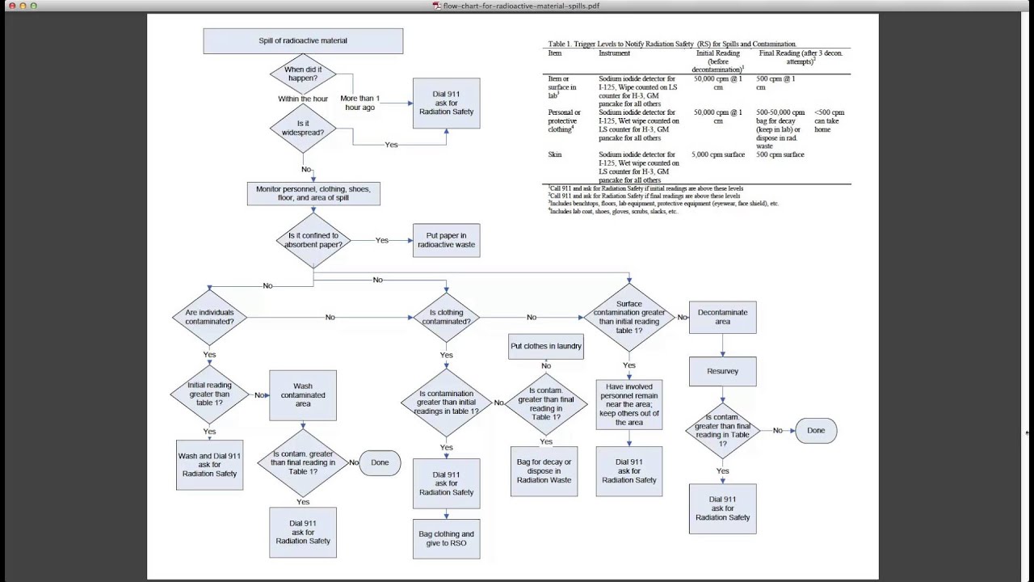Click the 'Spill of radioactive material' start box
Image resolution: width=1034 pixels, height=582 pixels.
pos(303,40)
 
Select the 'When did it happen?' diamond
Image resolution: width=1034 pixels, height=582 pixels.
pos(303,74)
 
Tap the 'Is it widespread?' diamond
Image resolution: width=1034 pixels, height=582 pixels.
pos(303,127)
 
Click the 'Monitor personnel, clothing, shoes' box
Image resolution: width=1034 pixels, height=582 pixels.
pos(313,193)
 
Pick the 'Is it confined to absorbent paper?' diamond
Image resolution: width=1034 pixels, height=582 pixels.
pos(313,240)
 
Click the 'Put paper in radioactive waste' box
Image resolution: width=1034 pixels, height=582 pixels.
pos(446,240)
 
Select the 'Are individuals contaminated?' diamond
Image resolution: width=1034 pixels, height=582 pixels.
pos(209,317)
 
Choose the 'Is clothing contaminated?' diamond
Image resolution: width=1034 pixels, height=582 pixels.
pos(446,317)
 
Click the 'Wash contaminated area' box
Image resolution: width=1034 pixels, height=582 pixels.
pos(303,395)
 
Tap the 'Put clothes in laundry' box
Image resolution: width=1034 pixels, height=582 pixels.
pos(546,347)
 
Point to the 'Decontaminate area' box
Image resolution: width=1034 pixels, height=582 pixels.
pos(722,317)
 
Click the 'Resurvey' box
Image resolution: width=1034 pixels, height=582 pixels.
pos(722,371)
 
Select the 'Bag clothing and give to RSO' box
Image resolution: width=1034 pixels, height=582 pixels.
pos(446,538)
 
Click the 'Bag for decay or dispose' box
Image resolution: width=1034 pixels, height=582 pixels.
pos(544,470)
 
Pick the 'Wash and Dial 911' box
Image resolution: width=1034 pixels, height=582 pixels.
pos(209,465)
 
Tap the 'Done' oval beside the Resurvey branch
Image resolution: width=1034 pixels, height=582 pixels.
pos(816,431)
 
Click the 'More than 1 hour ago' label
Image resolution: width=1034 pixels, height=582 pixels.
pos(359,103)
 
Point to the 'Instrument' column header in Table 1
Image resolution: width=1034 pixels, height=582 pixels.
pos(614,53)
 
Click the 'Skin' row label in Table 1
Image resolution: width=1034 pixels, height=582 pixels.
pos(555,154)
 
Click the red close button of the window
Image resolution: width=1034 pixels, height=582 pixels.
pos(12,6)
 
